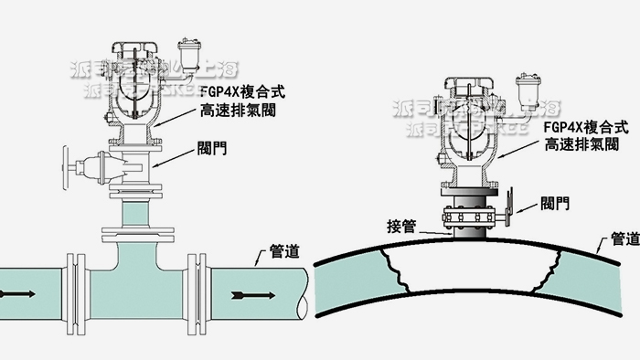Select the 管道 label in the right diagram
coord(624,239)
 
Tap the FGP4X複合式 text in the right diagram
coord(579,127)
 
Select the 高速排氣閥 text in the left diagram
coord(237,111)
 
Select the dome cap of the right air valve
coord(472,83)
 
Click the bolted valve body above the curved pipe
coord(471,217)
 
